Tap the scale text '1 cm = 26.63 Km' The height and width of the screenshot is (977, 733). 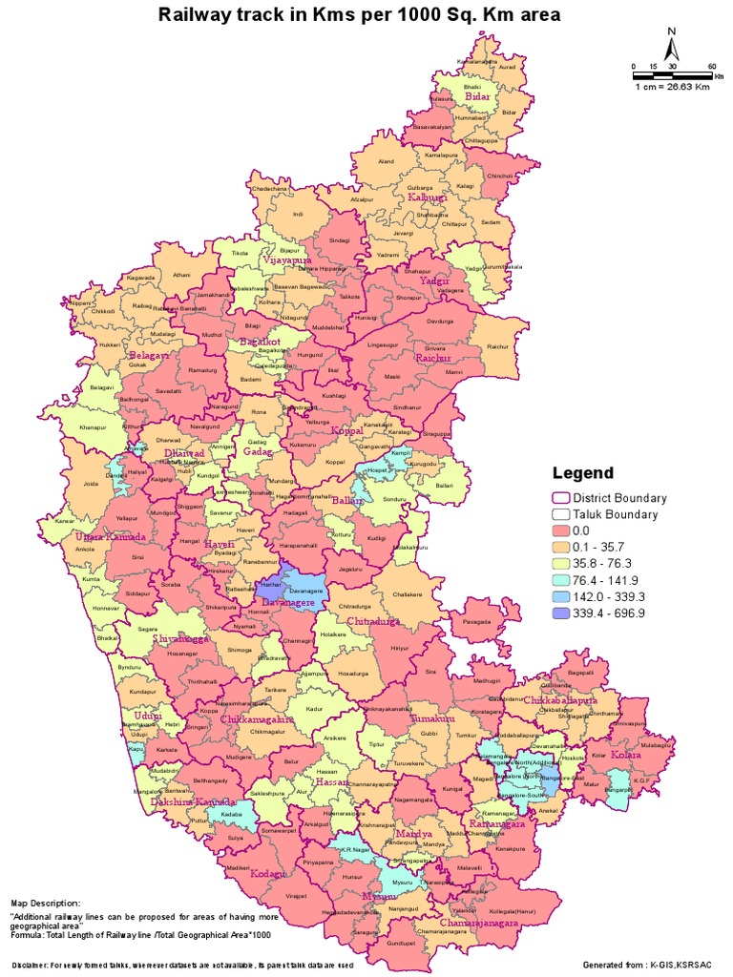tap(673, 86)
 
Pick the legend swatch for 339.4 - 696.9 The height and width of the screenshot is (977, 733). tap(561, 613)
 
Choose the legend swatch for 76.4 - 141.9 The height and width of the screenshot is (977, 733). tap(561, 580)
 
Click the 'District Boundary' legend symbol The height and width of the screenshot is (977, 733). tap(561, 498)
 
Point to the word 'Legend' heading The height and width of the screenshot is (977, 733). tap(583, 473)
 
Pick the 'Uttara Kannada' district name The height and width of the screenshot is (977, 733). tap(110, 536)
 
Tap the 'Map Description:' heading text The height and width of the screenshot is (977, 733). tap(46, 902)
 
